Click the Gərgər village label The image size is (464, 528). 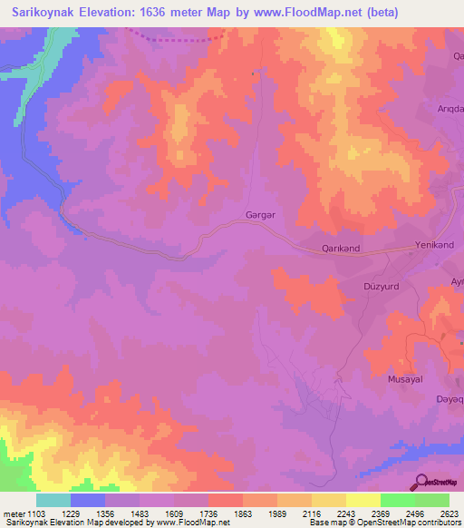click(x=260, y=216)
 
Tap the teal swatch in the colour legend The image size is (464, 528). click(x=53, y=500)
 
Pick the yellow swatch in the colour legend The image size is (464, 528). click(x=362, y=500)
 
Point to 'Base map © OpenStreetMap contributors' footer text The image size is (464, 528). click(x=384, y=523)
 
